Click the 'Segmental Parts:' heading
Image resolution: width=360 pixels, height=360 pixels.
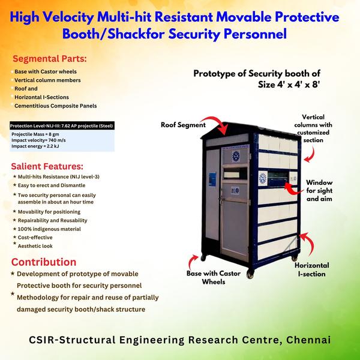(50, 59)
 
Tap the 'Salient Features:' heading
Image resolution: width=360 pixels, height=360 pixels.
(47, 166)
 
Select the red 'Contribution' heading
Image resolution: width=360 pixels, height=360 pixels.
(44, 262)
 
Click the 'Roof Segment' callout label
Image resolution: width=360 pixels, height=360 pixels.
(183, 125)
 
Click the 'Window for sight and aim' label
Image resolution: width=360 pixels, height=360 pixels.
(319, 191)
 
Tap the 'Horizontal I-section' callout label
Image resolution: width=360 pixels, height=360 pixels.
(312, 269)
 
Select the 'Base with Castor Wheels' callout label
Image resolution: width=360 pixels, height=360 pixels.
(214, 278)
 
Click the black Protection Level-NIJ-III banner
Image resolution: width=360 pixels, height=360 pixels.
(62, 126)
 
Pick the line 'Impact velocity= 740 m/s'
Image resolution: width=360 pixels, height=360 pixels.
(38, 140)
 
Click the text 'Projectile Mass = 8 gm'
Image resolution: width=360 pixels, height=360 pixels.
(35, 134)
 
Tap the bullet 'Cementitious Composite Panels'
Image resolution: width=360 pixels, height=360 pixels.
(56, 106)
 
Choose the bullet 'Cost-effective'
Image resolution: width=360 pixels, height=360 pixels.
(35, 238)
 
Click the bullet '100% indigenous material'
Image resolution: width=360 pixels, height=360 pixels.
(49, 229)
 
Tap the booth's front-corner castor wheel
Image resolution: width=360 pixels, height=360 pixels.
(250, 274)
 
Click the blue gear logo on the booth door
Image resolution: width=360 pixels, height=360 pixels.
(236, 156)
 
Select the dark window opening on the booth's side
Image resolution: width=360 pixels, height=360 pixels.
(278, 179)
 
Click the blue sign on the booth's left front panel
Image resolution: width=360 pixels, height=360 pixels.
(212, 179)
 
